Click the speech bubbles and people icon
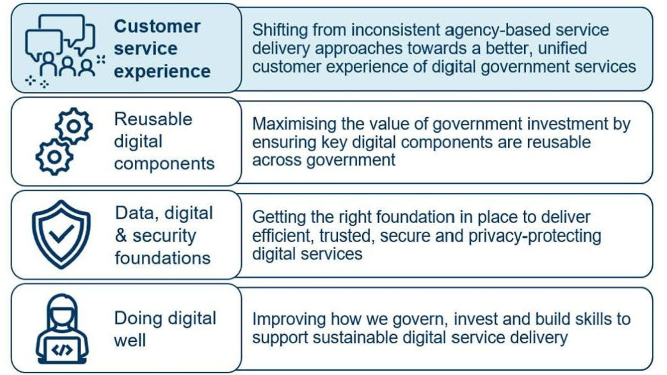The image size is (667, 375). pyautogui.click(x=61, y=49)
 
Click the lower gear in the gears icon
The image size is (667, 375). pyautogui.click(x=54, y=157)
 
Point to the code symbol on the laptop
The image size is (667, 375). pyautogui.click(x=62, y=350)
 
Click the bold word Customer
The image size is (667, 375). pyautogui.click(x=157, y=26)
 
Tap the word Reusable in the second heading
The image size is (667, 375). pyautogui.click(x=153, y=119)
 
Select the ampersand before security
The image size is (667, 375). pyautogui.click(x=121, y=236)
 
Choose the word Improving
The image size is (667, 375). pyautogui.click(x=289, y=319)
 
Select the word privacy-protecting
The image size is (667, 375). pyautogui.click(x=535, y=236)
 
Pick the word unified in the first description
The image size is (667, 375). pyautogui.click(x=562, y=48)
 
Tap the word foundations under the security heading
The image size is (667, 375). pyautogui.click(x=163, y=258)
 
